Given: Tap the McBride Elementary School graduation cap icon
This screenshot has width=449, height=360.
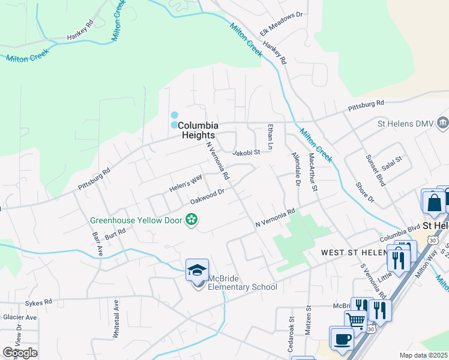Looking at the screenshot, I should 197,271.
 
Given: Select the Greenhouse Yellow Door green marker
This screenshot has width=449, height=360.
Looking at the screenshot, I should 191,220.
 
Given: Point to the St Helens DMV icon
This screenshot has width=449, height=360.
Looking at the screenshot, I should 442,124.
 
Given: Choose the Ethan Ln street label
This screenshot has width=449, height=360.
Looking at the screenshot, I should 271,137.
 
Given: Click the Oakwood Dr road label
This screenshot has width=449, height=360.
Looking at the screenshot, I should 207,196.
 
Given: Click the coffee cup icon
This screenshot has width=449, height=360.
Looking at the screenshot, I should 342,338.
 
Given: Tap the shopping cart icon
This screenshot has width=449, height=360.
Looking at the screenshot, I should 357,322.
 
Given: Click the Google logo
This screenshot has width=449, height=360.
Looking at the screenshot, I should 20,352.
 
